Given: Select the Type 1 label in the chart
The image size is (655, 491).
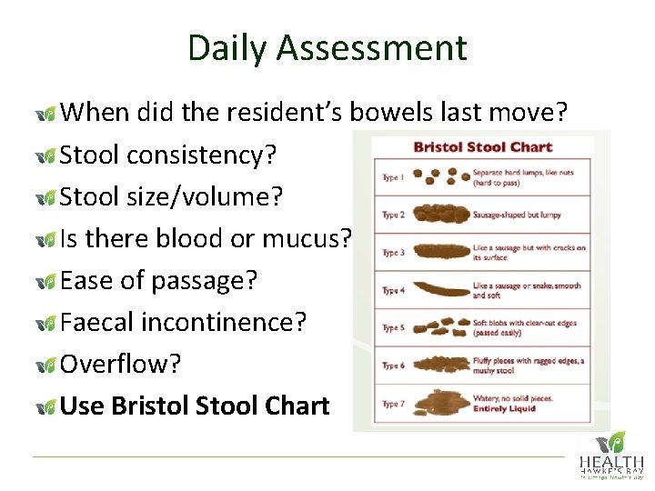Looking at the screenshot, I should [x=393, y=177].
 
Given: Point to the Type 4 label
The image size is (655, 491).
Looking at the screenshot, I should [x=393, y=290].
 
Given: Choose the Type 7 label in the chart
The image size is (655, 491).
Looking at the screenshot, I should [x=393, y=403].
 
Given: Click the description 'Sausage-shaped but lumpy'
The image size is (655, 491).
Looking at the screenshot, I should [x=517, y=215].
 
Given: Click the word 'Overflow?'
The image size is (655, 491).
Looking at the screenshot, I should [x=121, y=364].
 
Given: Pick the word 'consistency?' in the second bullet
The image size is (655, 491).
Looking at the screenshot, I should [x=202, y=155].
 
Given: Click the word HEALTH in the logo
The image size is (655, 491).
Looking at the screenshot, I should [x=611, y=464].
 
